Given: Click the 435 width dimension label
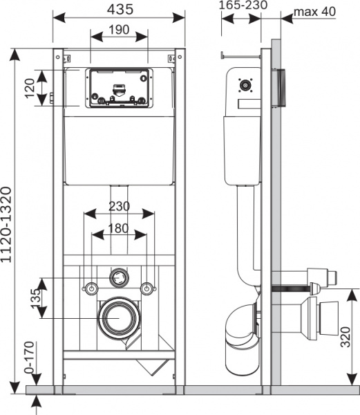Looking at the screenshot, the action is coord(120,10).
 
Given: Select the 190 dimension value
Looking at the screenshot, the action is coord(120,30).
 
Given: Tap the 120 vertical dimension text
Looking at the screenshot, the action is coord(30,88).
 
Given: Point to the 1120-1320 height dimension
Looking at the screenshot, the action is coord(6,224).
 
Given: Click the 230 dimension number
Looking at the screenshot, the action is coord(120,206).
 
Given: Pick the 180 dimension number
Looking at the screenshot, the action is coord(118,228).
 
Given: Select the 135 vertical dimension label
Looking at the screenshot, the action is coord(36,298).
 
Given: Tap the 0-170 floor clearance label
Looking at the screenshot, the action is coord(29,358).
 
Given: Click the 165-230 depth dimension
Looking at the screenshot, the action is coord(243,5).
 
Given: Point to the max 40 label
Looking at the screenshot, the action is coord(314,12).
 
